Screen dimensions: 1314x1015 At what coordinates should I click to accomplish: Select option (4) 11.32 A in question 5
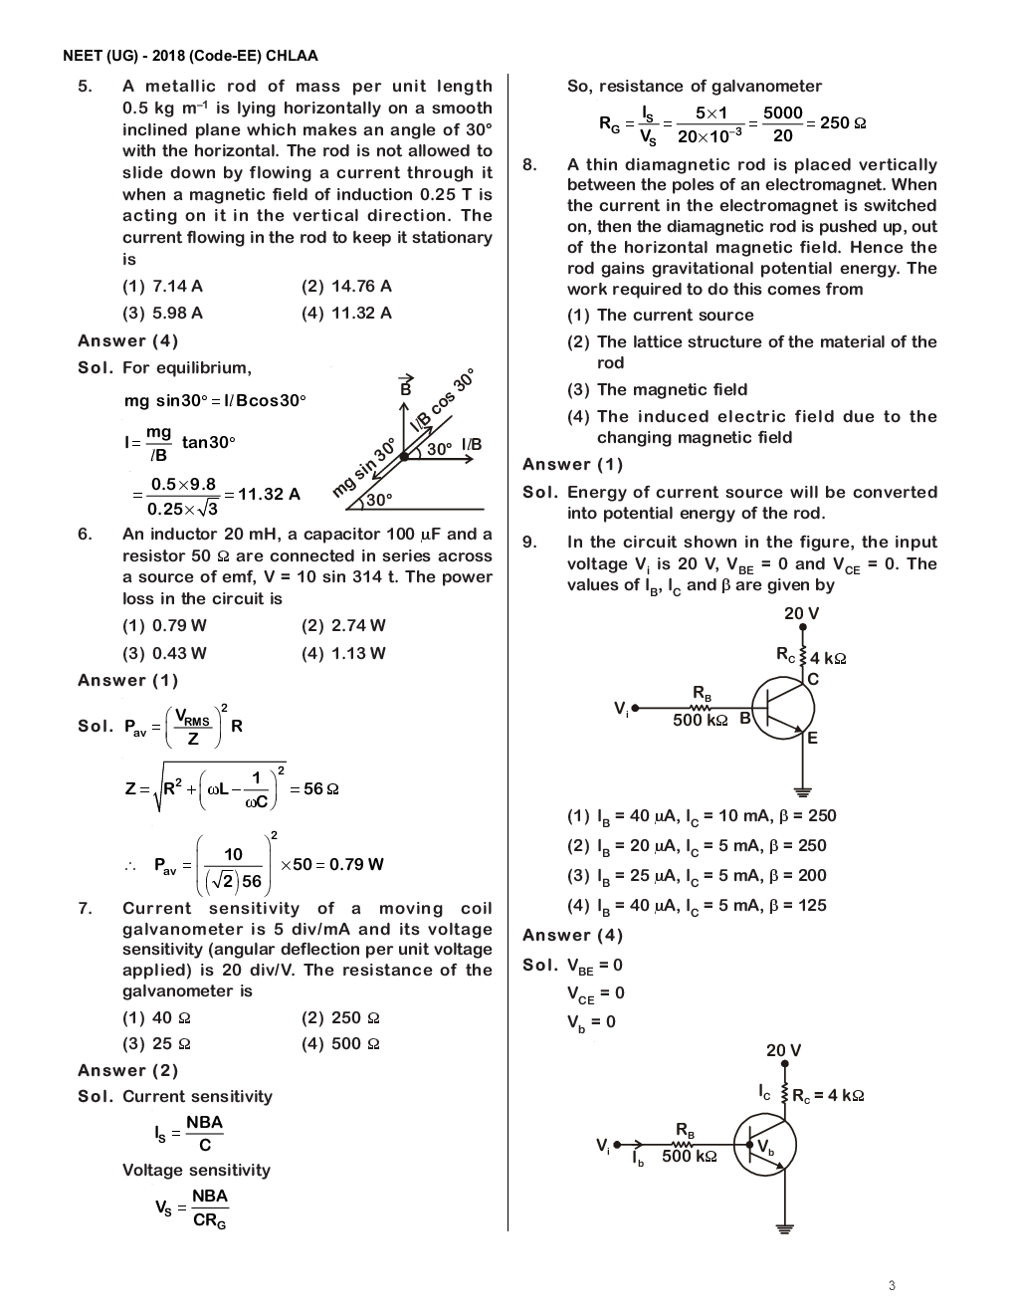[346, 313]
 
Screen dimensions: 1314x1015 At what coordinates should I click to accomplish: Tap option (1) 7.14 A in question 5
[162, 286]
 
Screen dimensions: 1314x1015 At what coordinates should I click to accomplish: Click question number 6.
[86, 535]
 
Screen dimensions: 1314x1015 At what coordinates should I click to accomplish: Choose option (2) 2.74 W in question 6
[343, 625]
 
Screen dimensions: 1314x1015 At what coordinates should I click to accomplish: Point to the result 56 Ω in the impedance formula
[321, 788]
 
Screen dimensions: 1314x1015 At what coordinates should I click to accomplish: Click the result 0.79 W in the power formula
[356, 864]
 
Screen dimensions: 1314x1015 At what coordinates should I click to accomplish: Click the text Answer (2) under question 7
[128, 1070]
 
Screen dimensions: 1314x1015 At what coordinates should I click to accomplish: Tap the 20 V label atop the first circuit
[801, 613]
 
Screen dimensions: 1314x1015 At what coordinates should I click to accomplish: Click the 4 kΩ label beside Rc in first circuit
[828, 658]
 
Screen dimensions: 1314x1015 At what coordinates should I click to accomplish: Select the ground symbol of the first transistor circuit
[802, 792]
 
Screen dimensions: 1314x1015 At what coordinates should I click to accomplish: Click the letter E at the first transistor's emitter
[812, 738]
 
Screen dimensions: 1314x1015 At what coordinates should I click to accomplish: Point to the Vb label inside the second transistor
[765, 1148]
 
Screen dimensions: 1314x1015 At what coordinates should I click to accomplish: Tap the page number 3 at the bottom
[892, 1285]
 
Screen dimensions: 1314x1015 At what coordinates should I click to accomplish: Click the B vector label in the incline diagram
[405, 387]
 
